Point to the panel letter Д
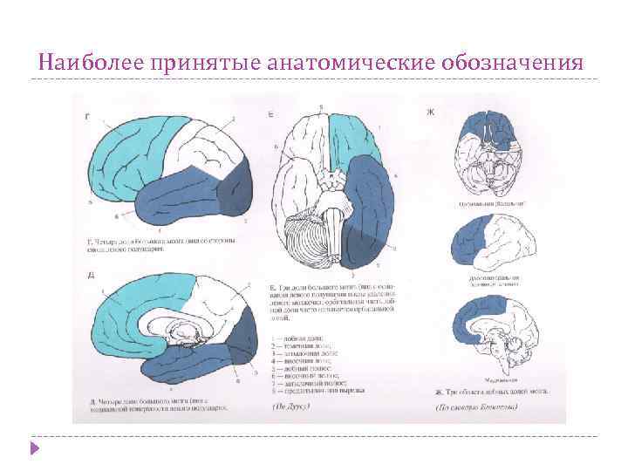[x=91, y=276]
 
